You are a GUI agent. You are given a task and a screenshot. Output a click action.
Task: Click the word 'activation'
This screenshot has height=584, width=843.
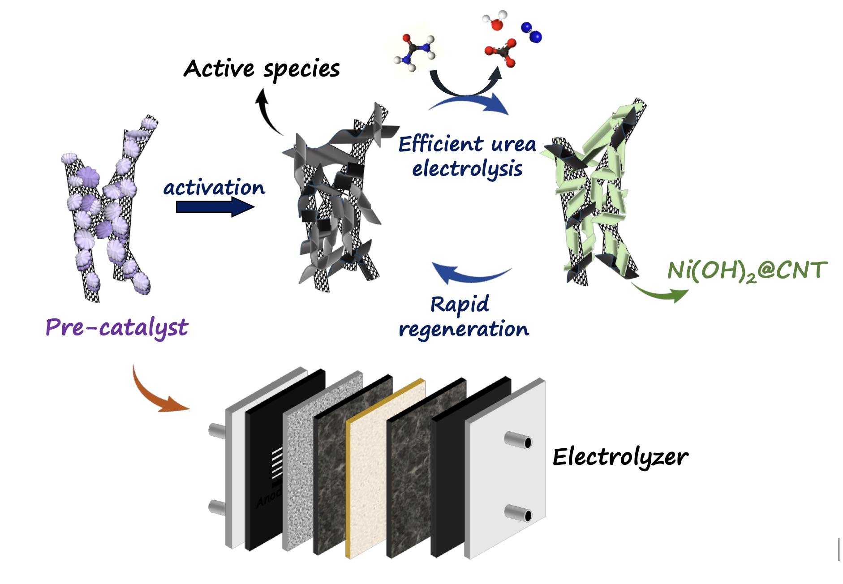coord(214,187)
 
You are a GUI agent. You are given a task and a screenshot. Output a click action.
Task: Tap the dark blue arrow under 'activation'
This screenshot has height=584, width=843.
coord(215,207)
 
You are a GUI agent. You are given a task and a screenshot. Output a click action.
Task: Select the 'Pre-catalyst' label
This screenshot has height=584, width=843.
coord(117,327)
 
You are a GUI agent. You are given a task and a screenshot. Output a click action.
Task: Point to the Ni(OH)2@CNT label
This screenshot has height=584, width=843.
coord(747,271)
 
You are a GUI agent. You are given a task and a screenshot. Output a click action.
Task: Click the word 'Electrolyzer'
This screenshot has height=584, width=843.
coord(620,457)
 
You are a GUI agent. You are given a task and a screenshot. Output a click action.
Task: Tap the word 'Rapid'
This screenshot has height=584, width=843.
coord(460,305)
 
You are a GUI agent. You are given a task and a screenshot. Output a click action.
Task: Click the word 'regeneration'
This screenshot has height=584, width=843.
coord(464,329)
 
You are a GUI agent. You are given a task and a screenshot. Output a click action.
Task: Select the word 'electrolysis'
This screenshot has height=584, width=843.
coord(467,169)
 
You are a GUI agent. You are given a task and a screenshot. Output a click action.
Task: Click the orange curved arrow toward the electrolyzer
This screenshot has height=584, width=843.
coord(155,394)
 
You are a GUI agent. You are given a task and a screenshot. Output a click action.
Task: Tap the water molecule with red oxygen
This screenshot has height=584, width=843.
coord(495,21)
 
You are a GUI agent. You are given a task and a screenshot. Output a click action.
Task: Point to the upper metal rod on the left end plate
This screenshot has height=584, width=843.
coord(217,431)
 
